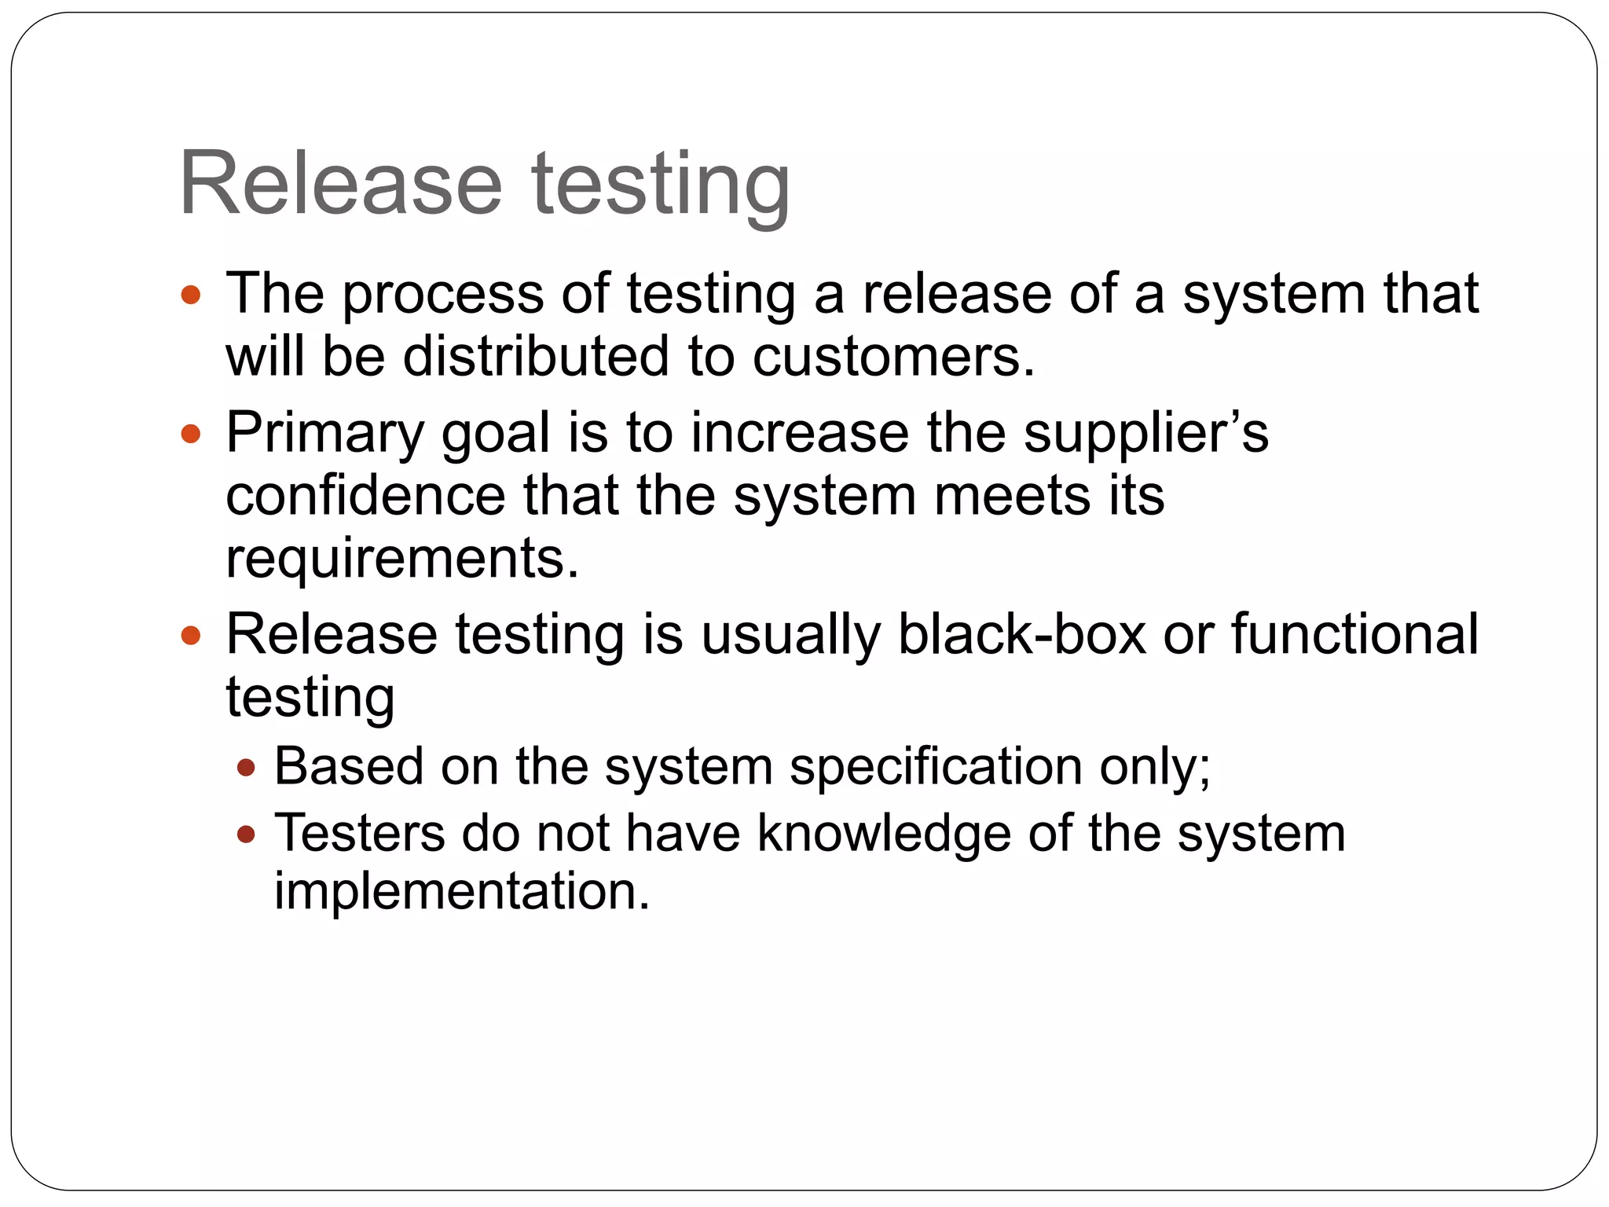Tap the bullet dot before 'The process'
pyautogui.click(x=191, y=295)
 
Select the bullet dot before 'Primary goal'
pyautogui.click(x=191, y=434)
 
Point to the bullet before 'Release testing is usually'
pyautogui.click(x=191, y=635)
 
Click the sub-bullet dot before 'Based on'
pyautogui.click(x=247, y=767)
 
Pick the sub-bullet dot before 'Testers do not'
pyautogui.click(x=247, y=834)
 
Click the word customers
pyautogui.click(x=893, y=356)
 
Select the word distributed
pyautogui.click(x=536, y=356)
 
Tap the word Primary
pyautogui.click(x=324, y=434)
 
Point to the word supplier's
pyautogui.click(x=1145, y=434)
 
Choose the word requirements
pyautogui.click(x=401, y=558)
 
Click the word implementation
pyautogui.click(x=462, y=891)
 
